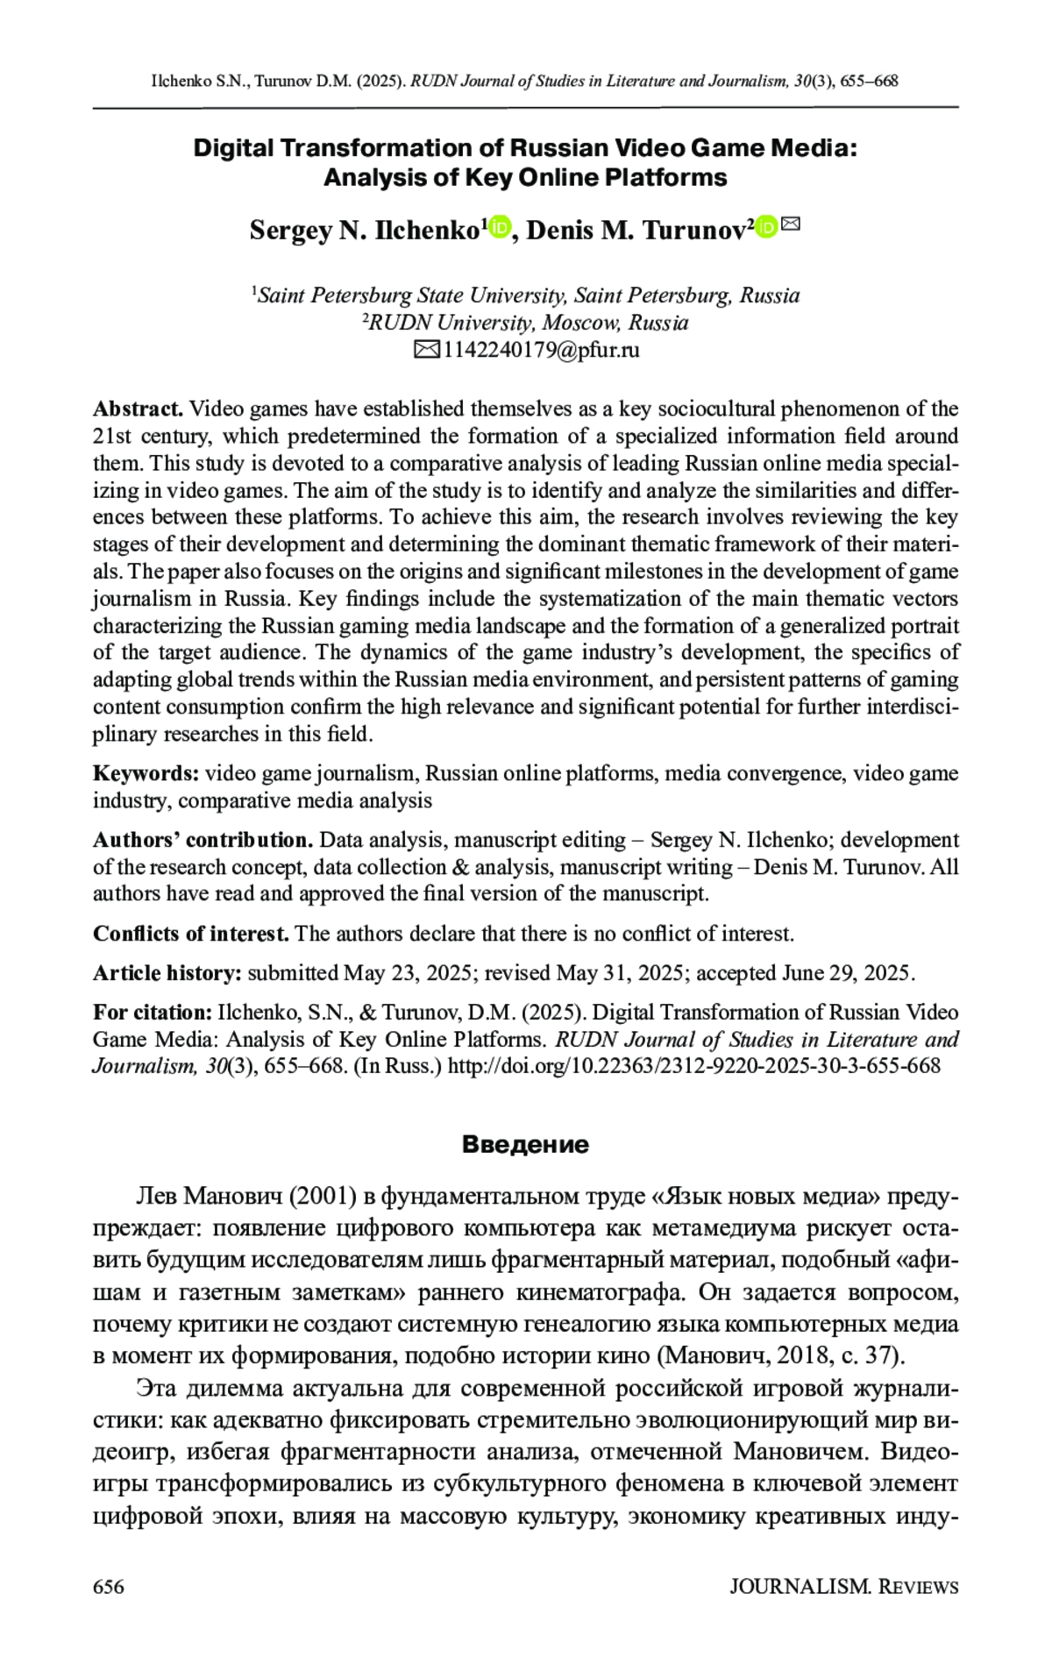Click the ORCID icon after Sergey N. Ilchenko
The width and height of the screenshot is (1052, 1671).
(x=499, y=228)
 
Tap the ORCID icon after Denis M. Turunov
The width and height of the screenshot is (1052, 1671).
(x=766, y=227)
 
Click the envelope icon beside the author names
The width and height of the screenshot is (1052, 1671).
(x=791, y=224)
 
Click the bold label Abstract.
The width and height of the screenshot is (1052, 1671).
(x=138, y=409)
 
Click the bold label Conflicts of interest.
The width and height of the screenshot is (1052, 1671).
(x=191, y=934)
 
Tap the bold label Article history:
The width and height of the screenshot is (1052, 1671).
(x=167, y=973)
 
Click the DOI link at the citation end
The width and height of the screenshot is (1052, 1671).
(x=693, y=1066)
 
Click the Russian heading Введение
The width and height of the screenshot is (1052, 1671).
(x=525, y=1145)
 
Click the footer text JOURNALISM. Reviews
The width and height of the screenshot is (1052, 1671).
(x=843, y=1587)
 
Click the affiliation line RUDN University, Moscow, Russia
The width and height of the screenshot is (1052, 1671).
(x=526, y=323)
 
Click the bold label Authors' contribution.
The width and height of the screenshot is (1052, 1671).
(x=203, y=840)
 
